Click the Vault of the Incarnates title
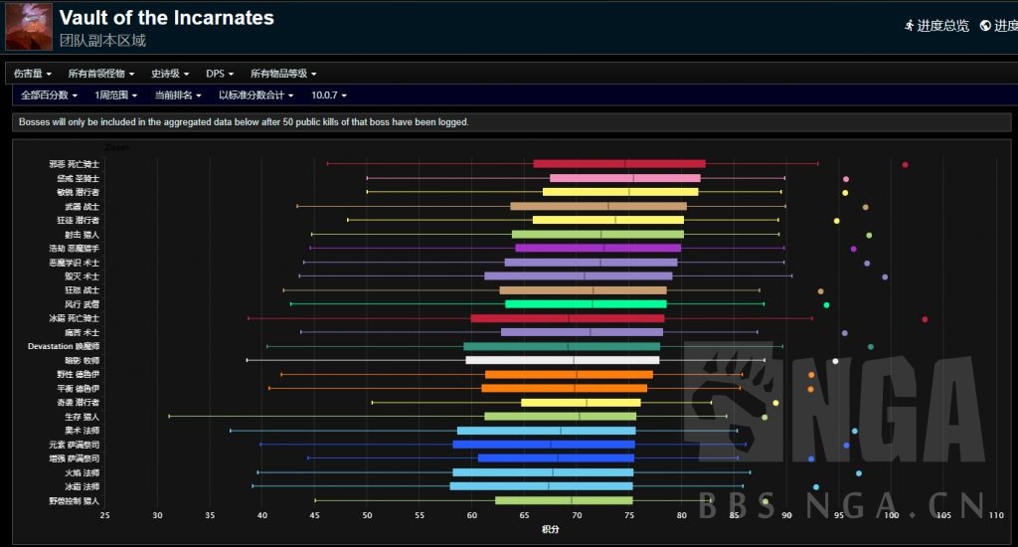point(166,18)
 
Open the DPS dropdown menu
point(220,74)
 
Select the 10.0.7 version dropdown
point(328,95)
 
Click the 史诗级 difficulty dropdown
point(170,74)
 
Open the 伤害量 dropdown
point(33,74)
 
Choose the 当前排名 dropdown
point(177,95)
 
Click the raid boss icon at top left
point(29,27)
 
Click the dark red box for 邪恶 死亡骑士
point(619,164)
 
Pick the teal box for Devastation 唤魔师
point(562,346)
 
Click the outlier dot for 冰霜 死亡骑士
point(925,319)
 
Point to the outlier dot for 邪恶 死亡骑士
point(905,164)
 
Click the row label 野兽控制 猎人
point(73,500)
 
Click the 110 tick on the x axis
point(996,515)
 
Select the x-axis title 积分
point(550,530)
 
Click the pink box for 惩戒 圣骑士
point(625,178)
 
